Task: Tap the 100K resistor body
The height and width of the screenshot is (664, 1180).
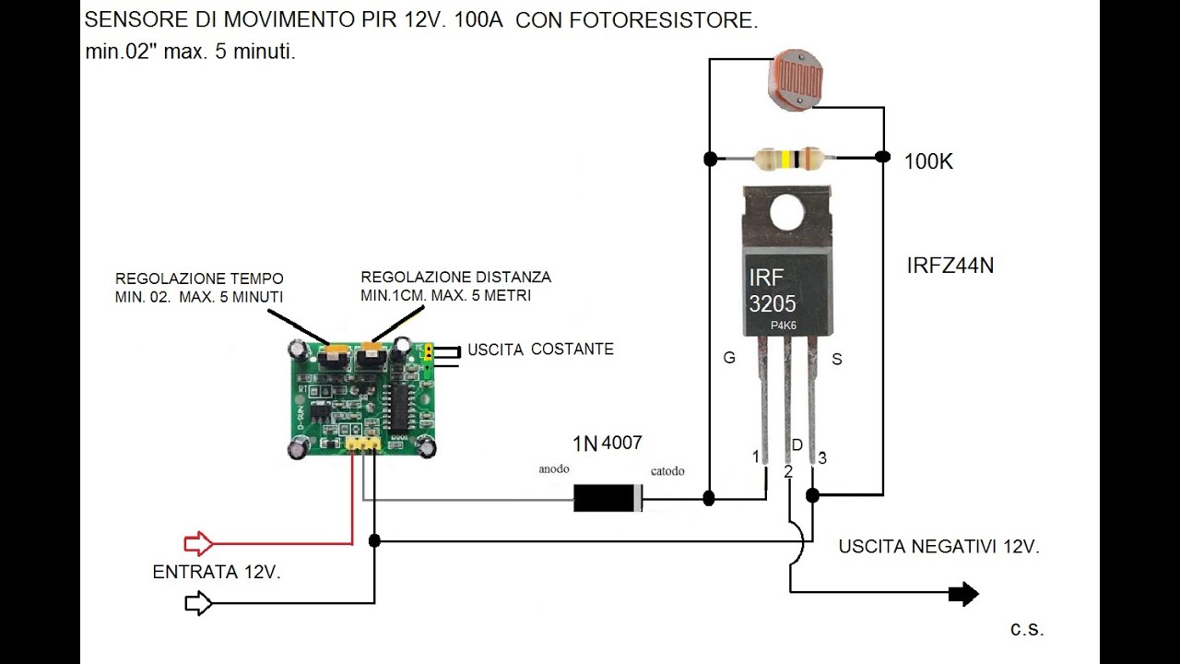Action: [787, 160]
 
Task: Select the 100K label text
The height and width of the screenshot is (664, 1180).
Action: [928, 162]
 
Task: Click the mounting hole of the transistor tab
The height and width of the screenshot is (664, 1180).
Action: [787, 213]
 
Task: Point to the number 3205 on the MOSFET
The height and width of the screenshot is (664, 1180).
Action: [773, 304]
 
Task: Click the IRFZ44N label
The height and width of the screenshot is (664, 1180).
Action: [950, 267]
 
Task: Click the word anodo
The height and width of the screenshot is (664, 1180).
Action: [554, 469]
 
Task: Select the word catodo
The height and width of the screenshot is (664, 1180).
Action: [667, 471]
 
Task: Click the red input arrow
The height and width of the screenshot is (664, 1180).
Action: [198, 542]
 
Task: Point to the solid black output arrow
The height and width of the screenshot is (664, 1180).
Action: [963, 595]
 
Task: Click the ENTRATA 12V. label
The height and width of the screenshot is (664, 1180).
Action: [217, 573]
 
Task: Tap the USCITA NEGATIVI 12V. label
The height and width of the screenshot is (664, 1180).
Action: [938, 547]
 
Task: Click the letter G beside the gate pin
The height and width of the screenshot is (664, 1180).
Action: [729, 358]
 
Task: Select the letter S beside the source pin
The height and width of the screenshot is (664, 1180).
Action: [837, 360]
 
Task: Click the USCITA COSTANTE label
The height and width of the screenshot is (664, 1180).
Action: [540, 350]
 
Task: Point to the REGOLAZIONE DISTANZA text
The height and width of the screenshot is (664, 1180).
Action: [455, 277]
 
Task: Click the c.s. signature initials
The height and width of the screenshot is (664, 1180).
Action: [1027, 629]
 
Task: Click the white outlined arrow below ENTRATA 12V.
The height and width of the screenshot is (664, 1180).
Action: [198, 603]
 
